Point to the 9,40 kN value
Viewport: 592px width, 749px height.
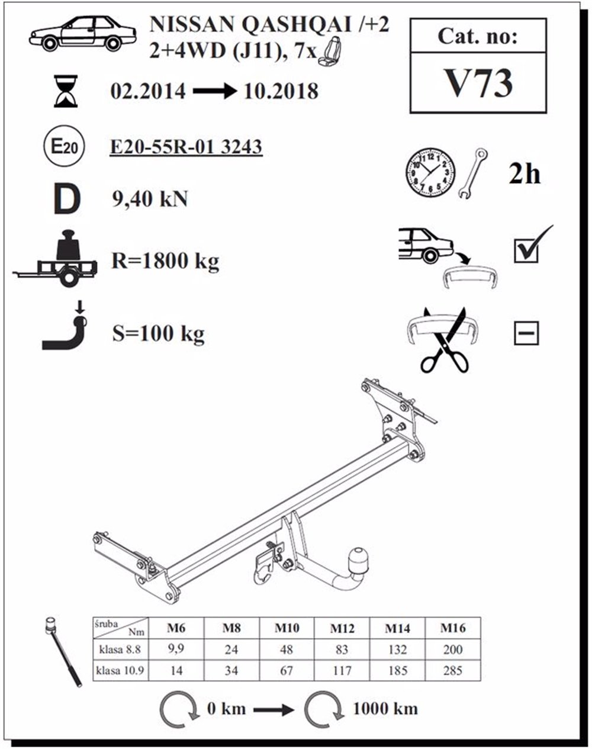point(150,199)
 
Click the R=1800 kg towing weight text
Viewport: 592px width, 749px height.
point(165,261)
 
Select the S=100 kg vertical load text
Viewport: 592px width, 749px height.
point(158,334)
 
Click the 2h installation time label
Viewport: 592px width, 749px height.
point(525,173)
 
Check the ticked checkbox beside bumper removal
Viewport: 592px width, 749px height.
point(527,249)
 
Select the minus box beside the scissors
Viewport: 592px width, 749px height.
point(526,333)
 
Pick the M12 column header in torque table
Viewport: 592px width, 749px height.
point(342,628)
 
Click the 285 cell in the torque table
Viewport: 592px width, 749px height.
point(453,671)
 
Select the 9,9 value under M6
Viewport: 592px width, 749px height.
point(176,649)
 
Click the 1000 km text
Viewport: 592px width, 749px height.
point(385,708)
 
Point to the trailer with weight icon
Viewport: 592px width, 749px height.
point(56,260)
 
